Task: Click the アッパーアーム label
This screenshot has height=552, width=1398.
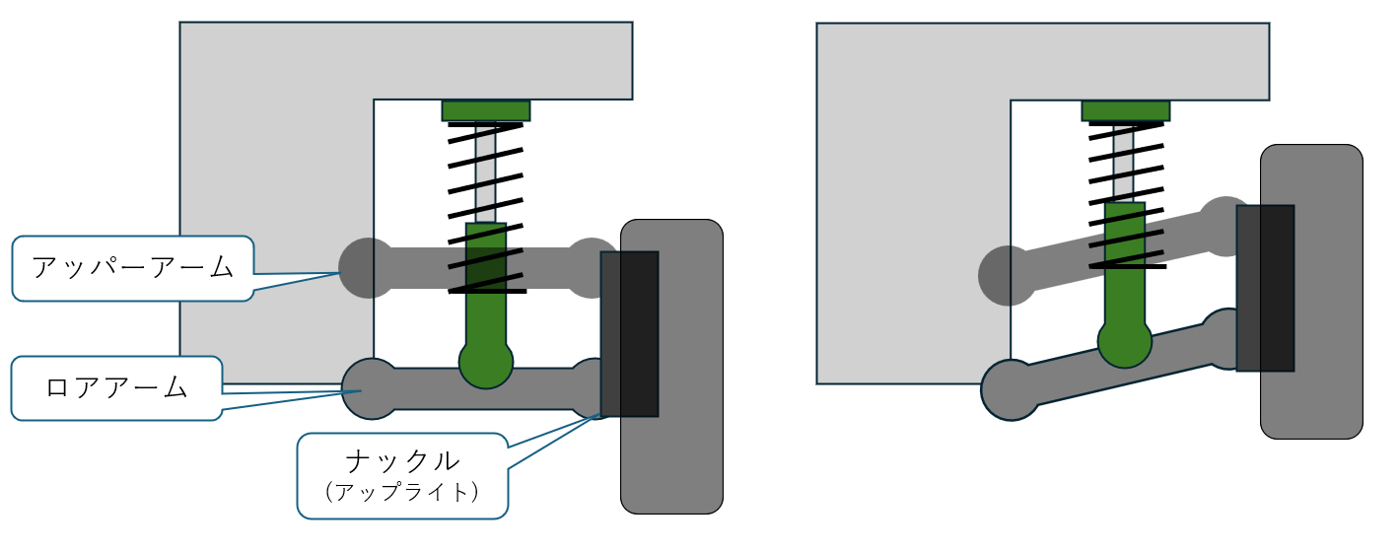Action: coord(133,267)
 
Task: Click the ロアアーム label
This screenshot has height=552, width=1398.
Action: coord(116,388)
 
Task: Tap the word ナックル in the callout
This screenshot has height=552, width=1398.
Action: coord(402,461)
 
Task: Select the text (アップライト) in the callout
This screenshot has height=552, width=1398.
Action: coord(402,492)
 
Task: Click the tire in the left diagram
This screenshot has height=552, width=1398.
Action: coord(671,367)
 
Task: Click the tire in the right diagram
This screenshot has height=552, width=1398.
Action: coord(1311,292)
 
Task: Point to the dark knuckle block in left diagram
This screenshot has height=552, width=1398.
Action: coord(629,334)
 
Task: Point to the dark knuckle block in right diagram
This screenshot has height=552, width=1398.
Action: coord(1265,288)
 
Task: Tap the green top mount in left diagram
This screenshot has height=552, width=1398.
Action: coord(486,111)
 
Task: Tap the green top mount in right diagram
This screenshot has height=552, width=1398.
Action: coord(1126,111)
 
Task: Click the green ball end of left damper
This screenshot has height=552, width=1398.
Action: coord(486,363)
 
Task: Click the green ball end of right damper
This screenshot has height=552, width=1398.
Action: coord(1125,342)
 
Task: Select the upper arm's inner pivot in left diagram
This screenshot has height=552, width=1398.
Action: coord(368,267)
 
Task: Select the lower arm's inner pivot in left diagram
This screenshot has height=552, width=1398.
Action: coord(372,388)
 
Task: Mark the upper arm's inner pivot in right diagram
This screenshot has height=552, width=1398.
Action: coord(1008,276)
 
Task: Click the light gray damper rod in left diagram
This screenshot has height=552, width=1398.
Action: coord(486,172)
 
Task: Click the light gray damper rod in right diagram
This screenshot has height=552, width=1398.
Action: coord(1123,163)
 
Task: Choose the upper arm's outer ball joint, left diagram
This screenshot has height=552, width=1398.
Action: coord(591,267)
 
